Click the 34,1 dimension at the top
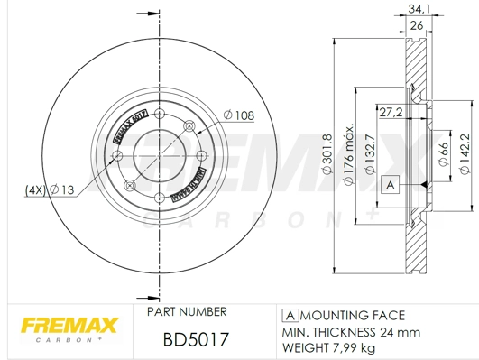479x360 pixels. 417,9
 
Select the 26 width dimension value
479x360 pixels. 417,26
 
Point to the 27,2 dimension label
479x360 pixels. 390,112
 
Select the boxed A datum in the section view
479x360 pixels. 390,185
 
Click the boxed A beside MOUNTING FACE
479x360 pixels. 291,315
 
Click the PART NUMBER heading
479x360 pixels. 186,312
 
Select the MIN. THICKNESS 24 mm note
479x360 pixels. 352,331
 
